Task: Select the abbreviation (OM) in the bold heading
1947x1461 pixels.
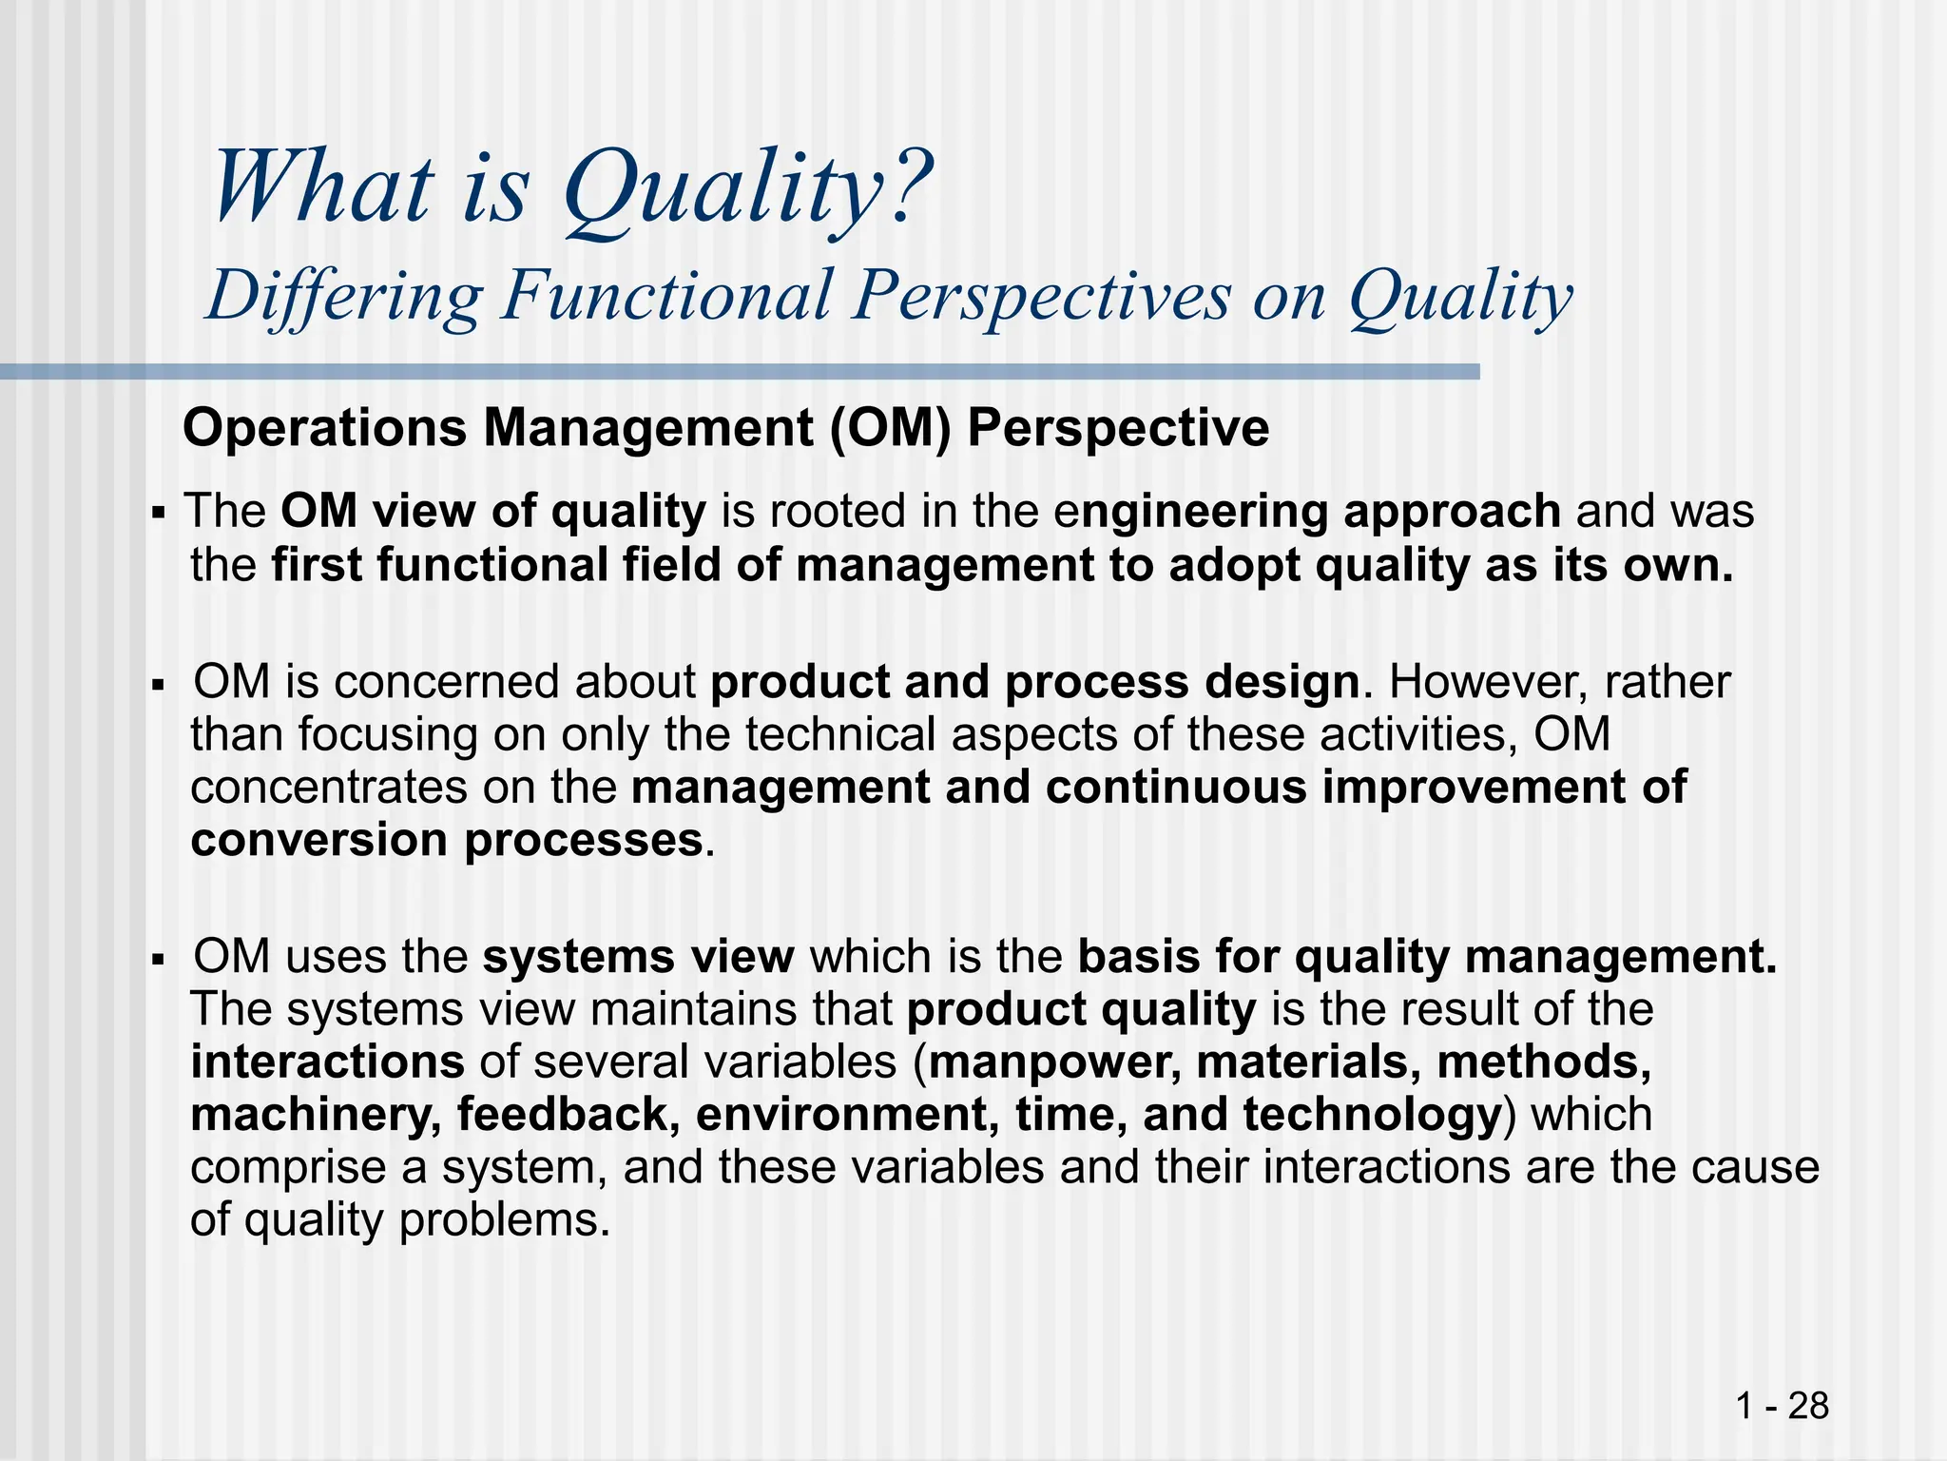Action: (x=889, y=429)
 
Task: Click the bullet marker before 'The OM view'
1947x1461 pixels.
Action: (x=159, y=515)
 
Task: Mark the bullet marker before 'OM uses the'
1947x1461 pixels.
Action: (x=159, y=959)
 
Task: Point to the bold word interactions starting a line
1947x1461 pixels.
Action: (x=327, y=1062)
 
